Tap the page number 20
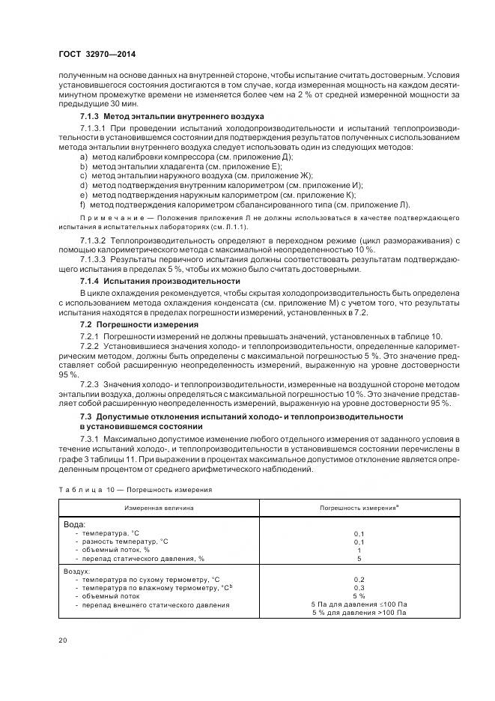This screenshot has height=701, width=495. point(62,640)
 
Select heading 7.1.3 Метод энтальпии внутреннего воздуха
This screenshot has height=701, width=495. point(171,118)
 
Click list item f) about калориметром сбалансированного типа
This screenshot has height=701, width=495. point(245,204)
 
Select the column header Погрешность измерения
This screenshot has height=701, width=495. point(359,507)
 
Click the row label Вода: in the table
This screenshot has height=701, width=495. point(75,524)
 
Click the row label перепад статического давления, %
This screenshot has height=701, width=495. point(144,558)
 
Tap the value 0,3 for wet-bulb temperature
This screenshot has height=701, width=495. point(359,588)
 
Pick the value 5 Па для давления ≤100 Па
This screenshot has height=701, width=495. point(359,604)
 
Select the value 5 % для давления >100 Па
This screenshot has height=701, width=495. point(359,613)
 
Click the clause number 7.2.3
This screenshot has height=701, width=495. point(91,384)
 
